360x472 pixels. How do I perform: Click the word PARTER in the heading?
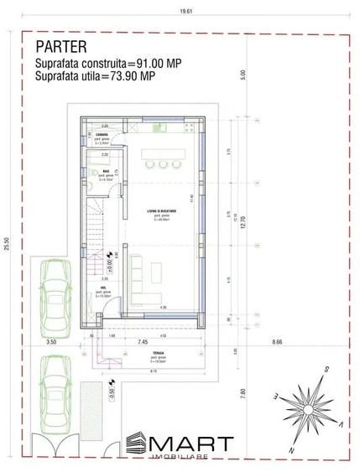pyautogui.click(x=60, y=45)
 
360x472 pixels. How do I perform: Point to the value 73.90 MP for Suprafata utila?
pyautogui.click(x=136, y=76)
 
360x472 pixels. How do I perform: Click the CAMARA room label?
pyautogui.click(x=100, y=136)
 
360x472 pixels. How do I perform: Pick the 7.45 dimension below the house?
pyautogui.click(x=142, y=343)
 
